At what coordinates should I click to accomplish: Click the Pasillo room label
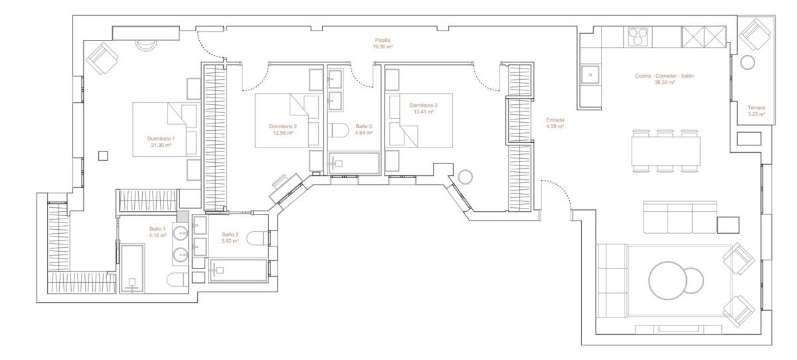(x=383, y=41)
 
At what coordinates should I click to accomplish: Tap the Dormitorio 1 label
(x=161, y=138)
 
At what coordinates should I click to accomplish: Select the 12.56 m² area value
(x=283, y=133)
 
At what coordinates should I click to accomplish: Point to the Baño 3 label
(x=364, y=126)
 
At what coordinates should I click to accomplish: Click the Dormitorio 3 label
(x=424, y=106)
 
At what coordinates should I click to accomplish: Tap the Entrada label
(x=555, y=120)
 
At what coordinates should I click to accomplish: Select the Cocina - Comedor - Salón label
(x=664, y=76)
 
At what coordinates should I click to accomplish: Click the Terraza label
(x=756, y=108)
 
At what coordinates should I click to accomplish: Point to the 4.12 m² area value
(x=157, y=235)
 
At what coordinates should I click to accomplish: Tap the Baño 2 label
(x=230, y=234)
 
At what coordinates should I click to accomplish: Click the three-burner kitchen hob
(x=638, y=37)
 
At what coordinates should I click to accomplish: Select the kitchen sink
(x=590, y=74)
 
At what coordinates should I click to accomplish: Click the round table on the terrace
(x=748, y=62)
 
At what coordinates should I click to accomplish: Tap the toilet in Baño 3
(x=337, y=130)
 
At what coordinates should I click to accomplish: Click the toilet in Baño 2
(x=257, y=238)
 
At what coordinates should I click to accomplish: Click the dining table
(x=666, y=151)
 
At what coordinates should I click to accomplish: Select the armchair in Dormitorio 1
(x=102, y=58)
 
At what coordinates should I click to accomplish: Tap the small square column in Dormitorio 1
(x=103, y=155)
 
